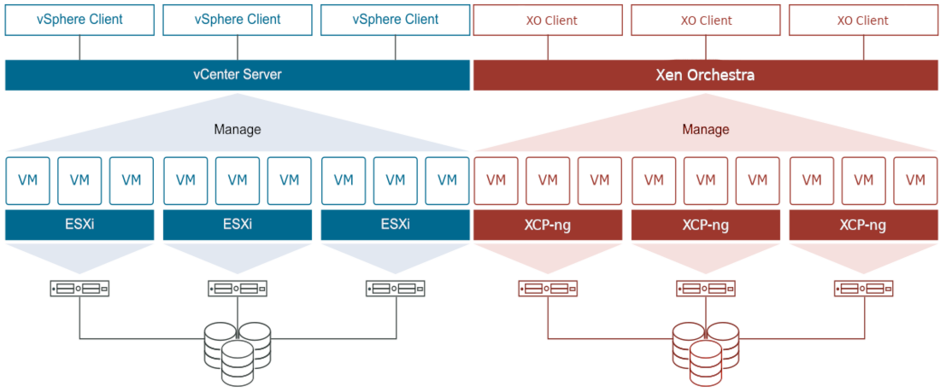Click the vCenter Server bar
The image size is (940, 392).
(237, 75)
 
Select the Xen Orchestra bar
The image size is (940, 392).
(705, 75)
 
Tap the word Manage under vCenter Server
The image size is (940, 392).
(237, 130)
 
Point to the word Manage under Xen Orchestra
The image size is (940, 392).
(705, 130)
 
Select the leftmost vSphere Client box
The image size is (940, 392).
(79, 20)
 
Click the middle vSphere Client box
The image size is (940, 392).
(237, 20)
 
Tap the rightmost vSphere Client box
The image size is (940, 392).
(396, 20)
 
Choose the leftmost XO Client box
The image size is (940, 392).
(548, 20)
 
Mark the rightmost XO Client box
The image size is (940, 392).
(863, 20)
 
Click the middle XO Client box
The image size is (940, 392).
(706, 20)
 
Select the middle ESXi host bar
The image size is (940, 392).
(237, 225)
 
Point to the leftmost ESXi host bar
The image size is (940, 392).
(79, 225)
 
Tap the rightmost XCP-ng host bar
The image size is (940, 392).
(862, 225)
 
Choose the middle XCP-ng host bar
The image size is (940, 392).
(705, 225)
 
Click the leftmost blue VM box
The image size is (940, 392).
(27, 180)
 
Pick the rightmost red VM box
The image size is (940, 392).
(914, 180)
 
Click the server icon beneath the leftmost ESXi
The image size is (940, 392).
(79, 289)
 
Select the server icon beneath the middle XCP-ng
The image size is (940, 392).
(705, 289)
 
